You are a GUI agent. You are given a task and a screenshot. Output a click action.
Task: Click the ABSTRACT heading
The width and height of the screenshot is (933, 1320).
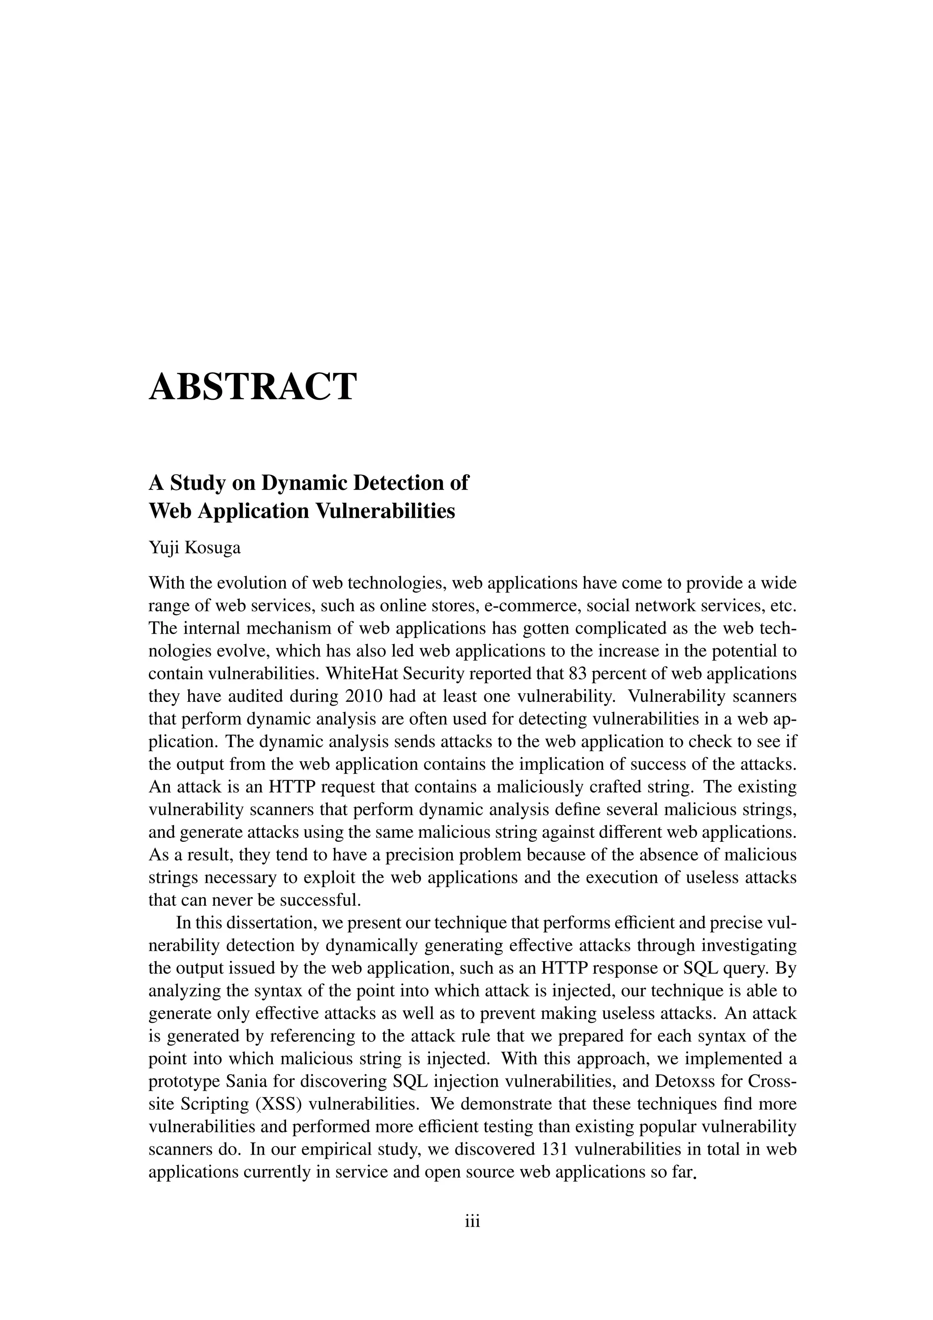(x=253, y=387)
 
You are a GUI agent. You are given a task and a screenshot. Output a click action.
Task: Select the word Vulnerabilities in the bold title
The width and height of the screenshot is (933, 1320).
(x=384, y=511)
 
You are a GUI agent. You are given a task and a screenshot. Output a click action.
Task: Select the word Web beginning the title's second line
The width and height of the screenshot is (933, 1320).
(x=170, y=511)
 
